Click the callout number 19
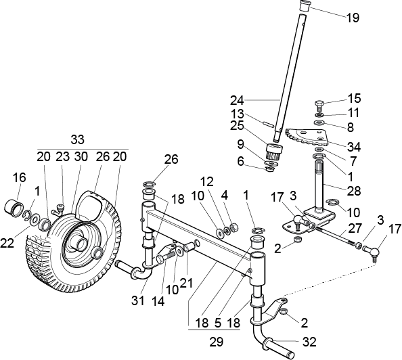[353, 18]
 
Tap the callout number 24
[237, 101]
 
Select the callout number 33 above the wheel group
[77, 140]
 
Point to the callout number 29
[217, 342]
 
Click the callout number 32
[309, 342]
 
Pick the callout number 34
[354, 148]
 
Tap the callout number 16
[20, 177]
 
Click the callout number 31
[138, 300]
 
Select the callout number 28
[354, 191]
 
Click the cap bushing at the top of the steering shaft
[305, 6]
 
